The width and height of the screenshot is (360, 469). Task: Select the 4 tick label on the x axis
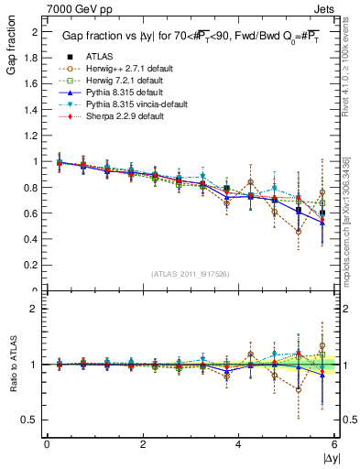(x=238, y=444)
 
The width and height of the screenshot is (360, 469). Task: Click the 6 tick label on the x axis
(x=334, y=444)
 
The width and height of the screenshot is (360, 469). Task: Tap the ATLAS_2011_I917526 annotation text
(x=190, y=275)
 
